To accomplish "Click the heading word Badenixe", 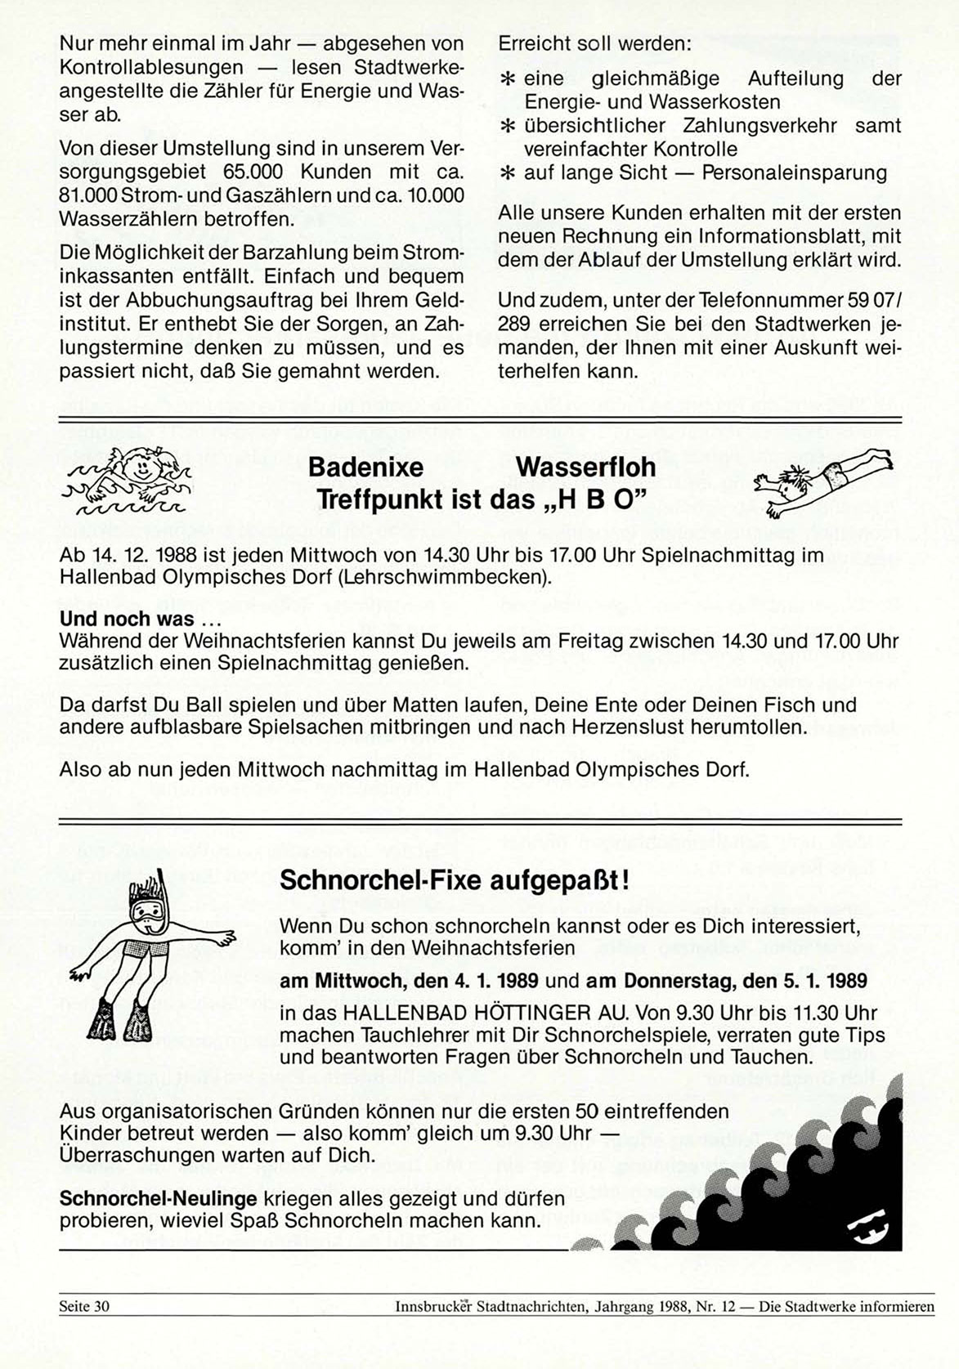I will coord(365,468).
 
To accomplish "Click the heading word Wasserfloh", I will coord(585,468).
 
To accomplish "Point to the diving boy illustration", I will coord(821,483).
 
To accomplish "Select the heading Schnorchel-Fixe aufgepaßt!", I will coord(455,882).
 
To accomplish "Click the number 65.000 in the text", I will coord(253,172).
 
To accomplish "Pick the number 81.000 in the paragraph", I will coord(88,196).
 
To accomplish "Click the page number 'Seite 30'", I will coord(83,1306).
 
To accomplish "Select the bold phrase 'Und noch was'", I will coord(127,619).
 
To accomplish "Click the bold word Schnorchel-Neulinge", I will coord(158,1199).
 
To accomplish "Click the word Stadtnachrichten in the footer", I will coord(531,1306).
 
